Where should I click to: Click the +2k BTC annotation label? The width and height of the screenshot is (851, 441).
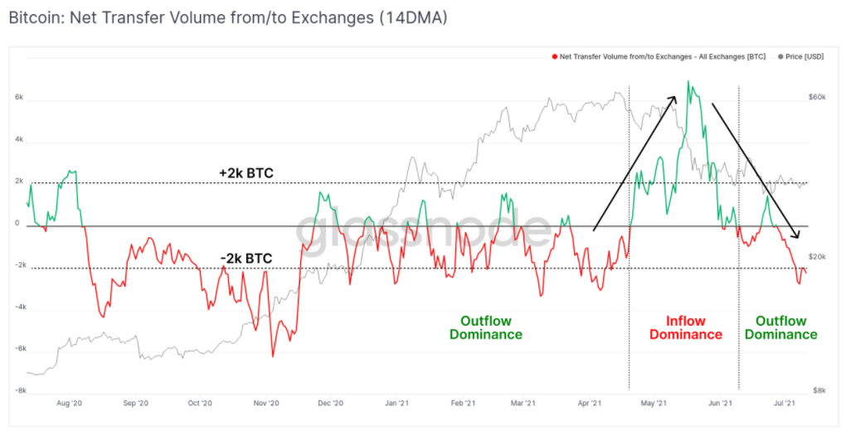[x=246, y=173]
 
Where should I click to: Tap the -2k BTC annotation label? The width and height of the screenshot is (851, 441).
[x=246, y=259]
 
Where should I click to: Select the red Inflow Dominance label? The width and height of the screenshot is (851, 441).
[x=685, y=327]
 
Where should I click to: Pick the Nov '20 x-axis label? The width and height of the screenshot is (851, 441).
[x=265, y=403]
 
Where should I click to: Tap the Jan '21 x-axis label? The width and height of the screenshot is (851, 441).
[x=396, y=403]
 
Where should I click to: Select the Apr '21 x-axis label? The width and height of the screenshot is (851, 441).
[x=590, y=403]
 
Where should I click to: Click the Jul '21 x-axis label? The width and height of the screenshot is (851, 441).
[x=784, y=403]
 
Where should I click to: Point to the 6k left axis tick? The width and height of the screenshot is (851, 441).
[x=19, y=97]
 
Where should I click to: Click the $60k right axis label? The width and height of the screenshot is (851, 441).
[x=817, y=97]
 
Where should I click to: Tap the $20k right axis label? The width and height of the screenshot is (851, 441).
[x=817, y=257]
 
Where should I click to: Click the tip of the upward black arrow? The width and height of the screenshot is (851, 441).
[x=677, y=96]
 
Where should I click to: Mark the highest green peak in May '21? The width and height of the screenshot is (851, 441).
[x=688, y=81]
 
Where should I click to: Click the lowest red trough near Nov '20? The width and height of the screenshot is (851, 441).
[x=272, y=356]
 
